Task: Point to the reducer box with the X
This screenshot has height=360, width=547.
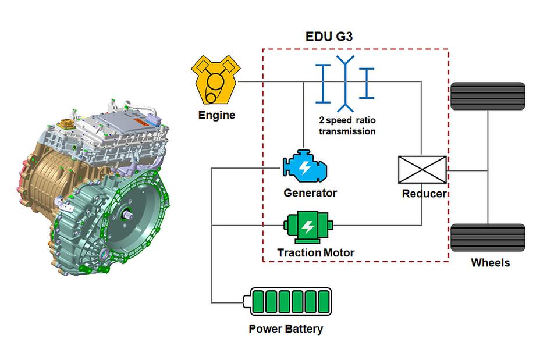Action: click(422, 170)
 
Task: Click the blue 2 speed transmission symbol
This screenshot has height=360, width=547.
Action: click(345, 83)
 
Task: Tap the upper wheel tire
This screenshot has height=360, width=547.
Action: click(488, 97)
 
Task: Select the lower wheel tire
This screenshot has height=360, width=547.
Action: click(488, 237)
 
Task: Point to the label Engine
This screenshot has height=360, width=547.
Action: click(216, 115)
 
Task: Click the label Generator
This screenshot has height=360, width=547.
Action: click(310, 193)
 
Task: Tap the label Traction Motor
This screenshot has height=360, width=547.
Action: click(315, 253)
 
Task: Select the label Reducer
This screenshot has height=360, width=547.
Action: click(424, 194)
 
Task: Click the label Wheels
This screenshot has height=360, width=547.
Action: click(490, 263)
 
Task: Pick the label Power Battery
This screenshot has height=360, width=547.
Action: click(286, 329)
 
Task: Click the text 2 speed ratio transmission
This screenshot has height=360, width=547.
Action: click(347, 126)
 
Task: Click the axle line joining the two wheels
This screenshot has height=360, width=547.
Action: click(488, 169)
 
